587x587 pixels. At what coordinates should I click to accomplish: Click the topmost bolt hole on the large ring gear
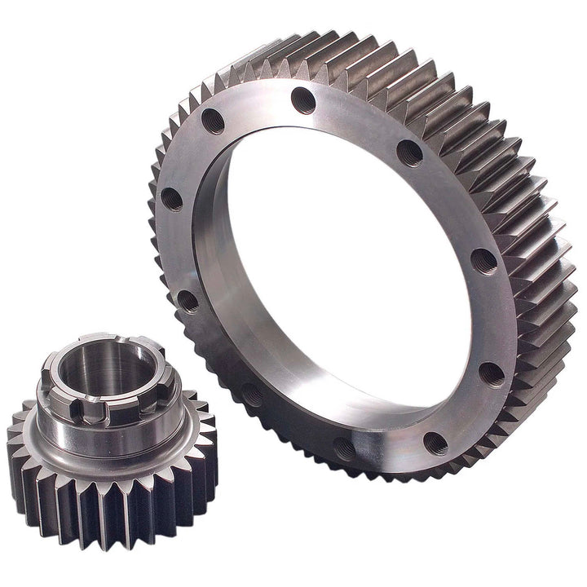click(303, 100)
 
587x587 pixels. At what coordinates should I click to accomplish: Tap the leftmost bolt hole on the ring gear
click(172, 198)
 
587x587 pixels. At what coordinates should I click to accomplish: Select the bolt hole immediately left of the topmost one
click(214, 121)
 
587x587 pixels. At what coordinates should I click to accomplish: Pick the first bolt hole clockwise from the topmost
click(409, 152)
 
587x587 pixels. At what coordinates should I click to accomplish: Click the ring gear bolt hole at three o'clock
click(483, 261)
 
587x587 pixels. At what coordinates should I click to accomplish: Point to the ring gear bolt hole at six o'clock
click(343, 448)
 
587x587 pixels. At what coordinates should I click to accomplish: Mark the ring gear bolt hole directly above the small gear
click(188, 301)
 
